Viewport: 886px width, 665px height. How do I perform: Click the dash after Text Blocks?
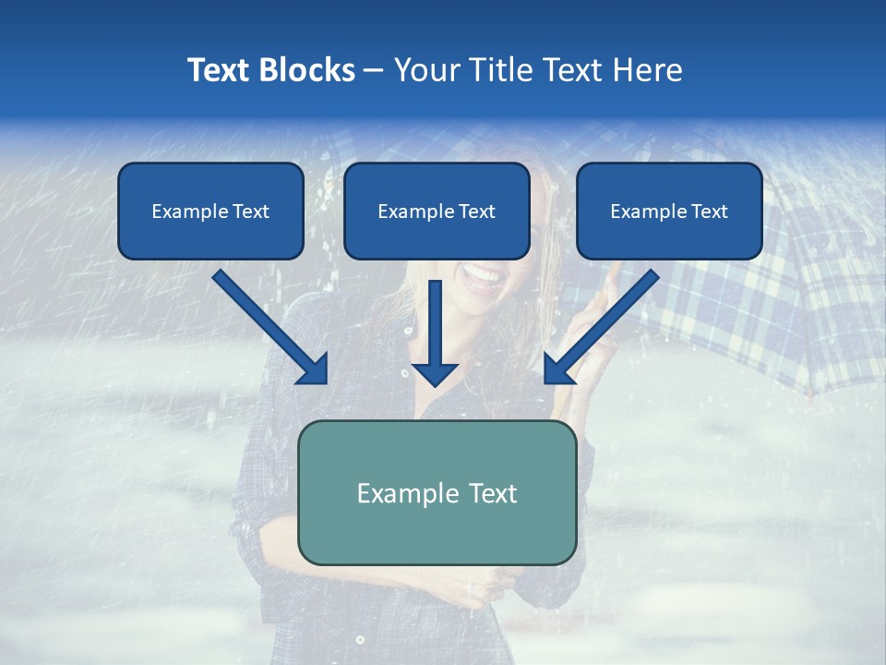(x=374, y=71)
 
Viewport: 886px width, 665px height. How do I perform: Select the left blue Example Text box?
(x=210, y=211)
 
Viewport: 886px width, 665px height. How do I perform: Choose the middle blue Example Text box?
(x=437, y=211)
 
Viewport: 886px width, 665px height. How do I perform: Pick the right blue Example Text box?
(x=669, y=211)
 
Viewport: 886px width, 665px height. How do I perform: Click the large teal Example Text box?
(x=437, y=492)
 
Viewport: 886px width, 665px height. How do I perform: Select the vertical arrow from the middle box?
(x=436, y=323)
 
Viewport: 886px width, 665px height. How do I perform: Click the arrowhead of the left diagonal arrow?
(x=314, y=369)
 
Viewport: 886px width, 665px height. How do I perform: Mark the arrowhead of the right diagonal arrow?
(x=558, y=369)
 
